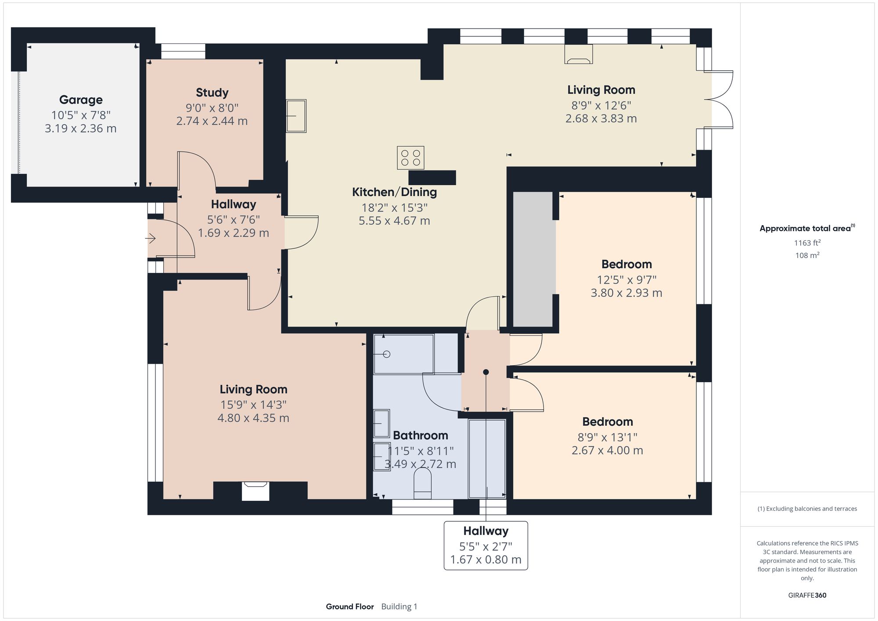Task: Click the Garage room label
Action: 81,100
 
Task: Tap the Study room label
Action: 212,93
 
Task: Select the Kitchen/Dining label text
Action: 394,192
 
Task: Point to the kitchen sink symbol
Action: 296,116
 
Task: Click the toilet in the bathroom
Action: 422,484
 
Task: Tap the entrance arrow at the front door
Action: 151,239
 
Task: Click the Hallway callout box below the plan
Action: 486,545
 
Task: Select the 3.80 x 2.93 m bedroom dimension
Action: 626,293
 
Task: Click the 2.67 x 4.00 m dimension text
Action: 607,451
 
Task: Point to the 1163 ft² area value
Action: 807,243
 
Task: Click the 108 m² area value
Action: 807,255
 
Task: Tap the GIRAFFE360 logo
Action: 807,596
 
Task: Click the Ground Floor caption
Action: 349,607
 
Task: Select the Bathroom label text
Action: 420,435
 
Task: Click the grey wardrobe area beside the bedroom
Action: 533,259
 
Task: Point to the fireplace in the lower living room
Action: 255,490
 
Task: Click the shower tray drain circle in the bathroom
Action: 387,354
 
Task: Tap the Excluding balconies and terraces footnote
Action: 807,509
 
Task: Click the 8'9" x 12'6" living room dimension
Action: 601,105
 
